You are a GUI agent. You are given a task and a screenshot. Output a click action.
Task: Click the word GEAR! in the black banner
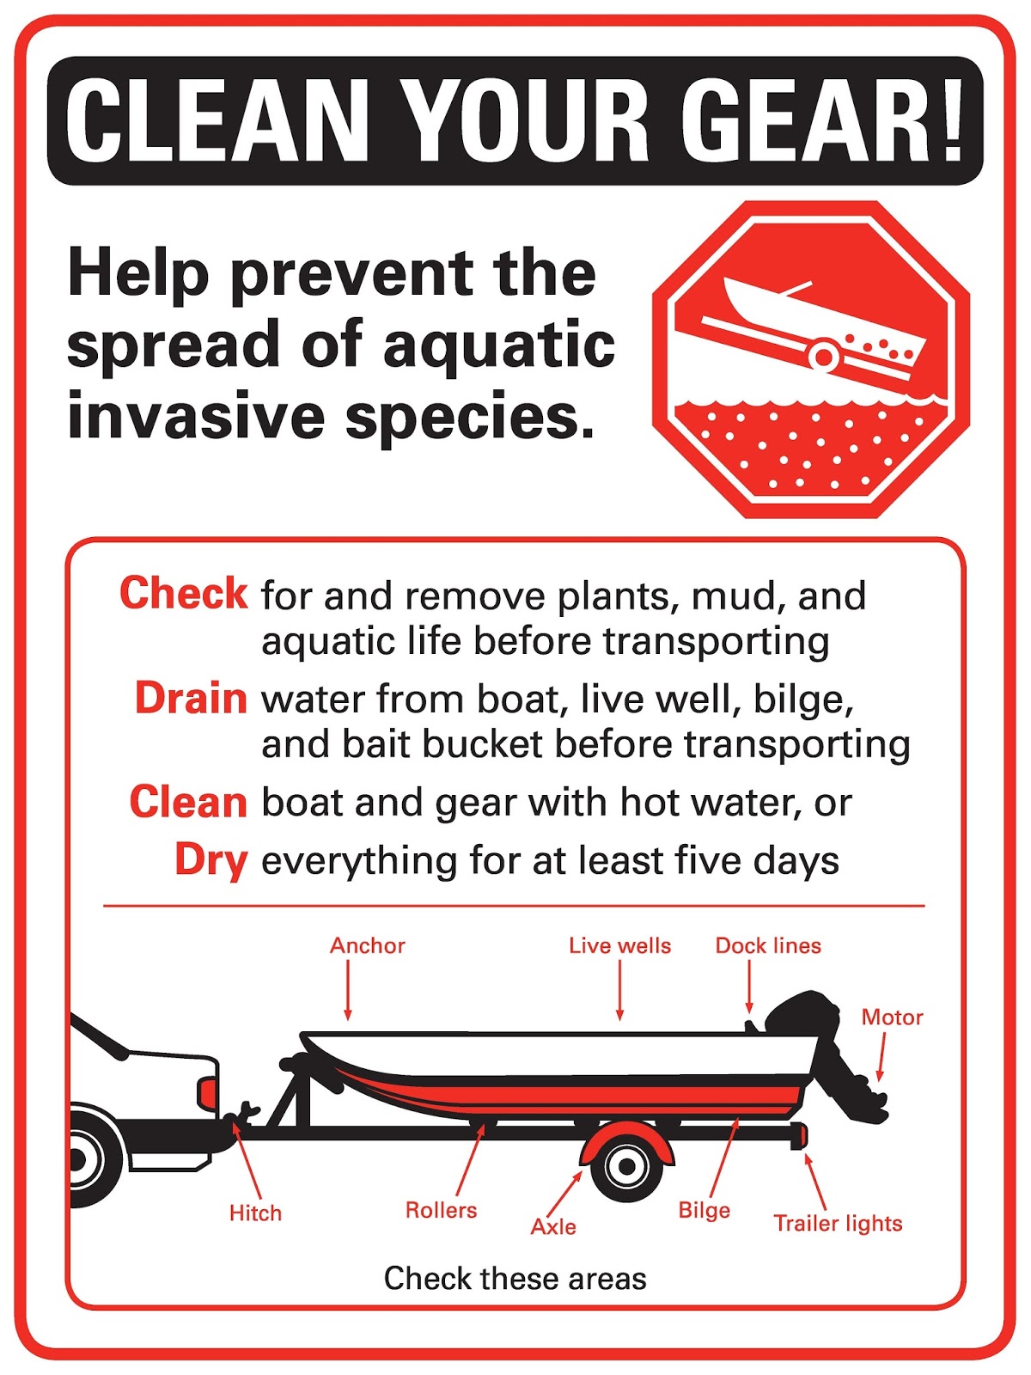[821, 122]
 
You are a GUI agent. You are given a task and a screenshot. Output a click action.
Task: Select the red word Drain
[192, 698]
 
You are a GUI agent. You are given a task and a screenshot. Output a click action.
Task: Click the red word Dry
[211, 861]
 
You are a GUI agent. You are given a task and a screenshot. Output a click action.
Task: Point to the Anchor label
[368, 945]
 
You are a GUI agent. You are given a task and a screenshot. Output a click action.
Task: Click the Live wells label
[619, 945]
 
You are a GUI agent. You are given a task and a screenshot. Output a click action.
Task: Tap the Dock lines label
[768, 945]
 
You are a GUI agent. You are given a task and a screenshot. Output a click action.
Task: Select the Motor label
[892, 1017]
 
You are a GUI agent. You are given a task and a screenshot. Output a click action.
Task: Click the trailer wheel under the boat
[626, 1165]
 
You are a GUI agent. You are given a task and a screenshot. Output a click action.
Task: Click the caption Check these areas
[515, 1278]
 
